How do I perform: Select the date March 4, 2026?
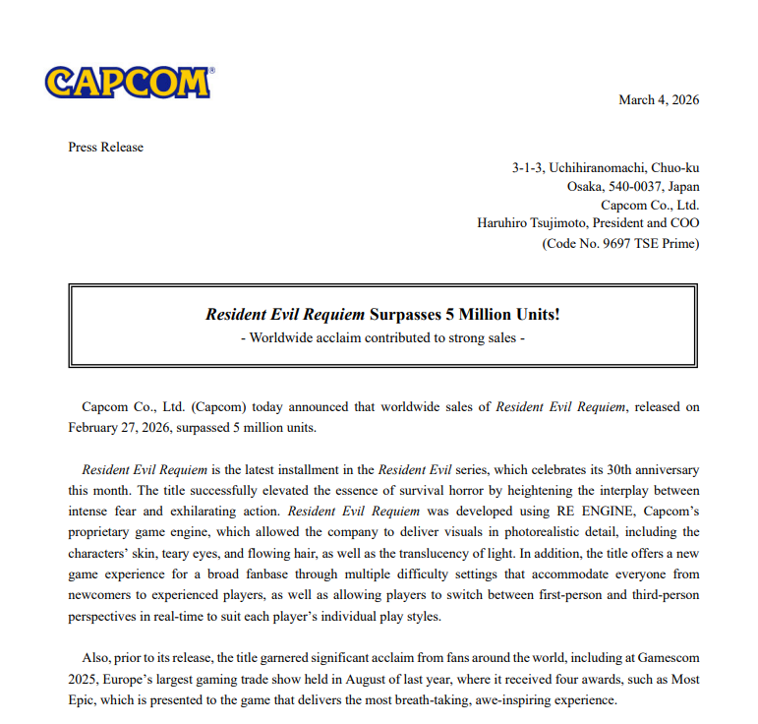click(x=659, y=99)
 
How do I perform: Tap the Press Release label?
click(x=106, y=147)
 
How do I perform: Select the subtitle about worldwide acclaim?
click(x=383, y=337)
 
